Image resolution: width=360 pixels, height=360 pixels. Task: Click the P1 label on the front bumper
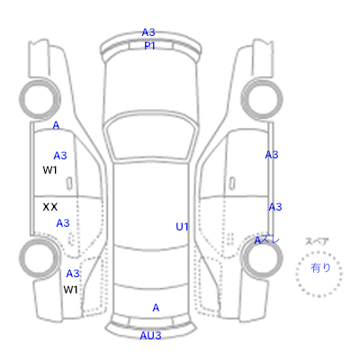pos(149,46)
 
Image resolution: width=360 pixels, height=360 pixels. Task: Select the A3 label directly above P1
pos(148,32)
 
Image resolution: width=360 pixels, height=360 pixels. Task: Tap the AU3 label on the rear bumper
pos(150,336)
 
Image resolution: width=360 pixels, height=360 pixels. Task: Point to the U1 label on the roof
pos(182,227)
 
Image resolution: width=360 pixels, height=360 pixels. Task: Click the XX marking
pos(50,207)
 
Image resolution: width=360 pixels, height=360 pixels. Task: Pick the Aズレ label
pos(266,240)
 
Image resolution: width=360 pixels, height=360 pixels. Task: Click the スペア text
pos(317,241)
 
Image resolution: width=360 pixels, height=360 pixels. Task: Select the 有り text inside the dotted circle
pos(320,267)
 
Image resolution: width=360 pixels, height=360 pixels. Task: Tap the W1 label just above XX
pos(49,170)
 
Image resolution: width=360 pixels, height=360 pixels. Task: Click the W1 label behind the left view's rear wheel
pos(70,290)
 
